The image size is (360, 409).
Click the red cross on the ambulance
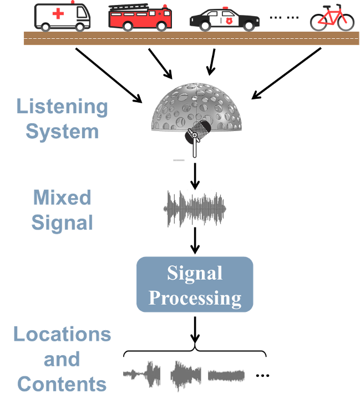pos(58,14)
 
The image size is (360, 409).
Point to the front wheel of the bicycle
pos(344,22)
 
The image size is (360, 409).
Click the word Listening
pos(62,107)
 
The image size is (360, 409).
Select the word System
pos(62,132)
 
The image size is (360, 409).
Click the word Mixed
pos(62,198)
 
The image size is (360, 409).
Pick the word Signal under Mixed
pos(62,223)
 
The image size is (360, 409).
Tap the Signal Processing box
pos(195,284)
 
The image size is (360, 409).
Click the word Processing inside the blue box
pos(195,298)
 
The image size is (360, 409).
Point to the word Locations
pos(62,334)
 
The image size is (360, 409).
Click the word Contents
pos(62,383)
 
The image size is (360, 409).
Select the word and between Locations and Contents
pos(62,359)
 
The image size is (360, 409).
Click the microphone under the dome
pos(197,132)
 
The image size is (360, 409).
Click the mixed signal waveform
pos(194,209)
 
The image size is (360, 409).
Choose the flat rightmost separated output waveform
pos(226,376)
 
